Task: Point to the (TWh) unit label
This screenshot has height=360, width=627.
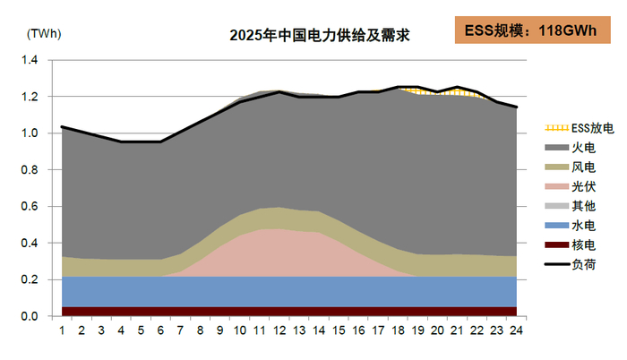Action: pyautogui.click(x=42, y=33)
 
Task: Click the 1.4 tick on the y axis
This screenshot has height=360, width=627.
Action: pyautogui.click(x=30, y=60)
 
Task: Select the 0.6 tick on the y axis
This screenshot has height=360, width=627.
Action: pyautogui.click(x=30, y=207)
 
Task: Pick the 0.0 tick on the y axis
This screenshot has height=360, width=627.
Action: pyautogui.click(x=30, y=317)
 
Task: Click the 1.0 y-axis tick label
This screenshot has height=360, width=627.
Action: pyautogui.click(x=30, y=133)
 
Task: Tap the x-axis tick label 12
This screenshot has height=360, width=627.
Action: pyautogui.click(x=279, y=331)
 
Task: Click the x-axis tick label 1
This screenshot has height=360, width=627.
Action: pyautogui.click(x=62, y=331)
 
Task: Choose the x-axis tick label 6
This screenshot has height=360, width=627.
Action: pyautogui.click(x=161, y=331)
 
